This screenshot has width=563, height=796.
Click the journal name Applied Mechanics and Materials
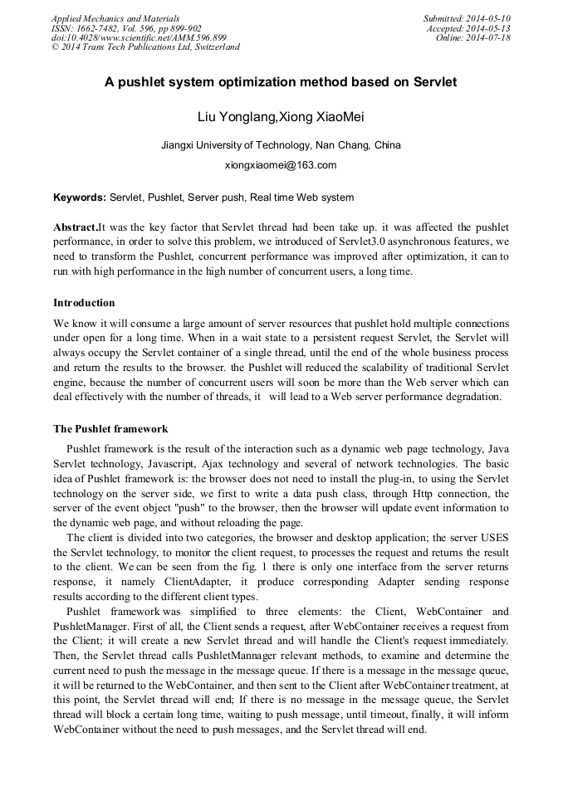click(115, 18)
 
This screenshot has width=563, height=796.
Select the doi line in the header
click(139, 37)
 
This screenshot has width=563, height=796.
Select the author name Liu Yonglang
click(234, 116)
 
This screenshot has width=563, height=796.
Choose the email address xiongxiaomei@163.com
click(281, 164)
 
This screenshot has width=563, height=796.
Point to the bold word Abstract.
click(76, 227)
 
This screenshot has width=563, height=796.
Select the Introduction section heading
click(84, 303)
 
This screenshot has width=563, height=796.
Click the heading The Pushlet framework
click(110, 429)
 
